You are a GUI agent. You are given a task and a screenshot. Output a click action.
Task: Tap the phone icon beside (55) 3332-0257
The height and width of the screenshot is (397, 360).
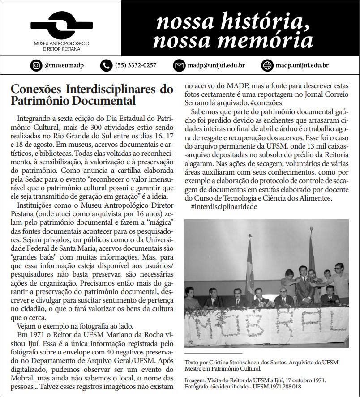106,65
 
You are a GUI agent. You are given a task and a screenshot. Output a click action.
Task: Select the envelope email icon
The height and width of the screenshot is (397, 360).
179,65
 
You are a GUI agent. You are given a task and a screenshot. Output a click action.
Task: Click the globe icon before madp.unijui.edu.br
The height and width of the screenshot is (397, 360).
268,65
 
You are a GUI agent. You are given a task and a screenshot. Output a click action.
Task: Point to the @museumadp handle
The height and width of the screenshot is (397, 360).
64,65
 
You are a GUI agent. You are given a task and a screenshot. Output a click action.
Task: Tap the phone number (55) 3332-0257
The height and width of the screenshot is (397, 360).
136,65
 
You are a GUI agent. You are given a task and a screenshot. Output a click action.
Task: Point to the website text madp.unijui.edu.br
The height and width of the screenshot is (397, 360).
302,65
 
